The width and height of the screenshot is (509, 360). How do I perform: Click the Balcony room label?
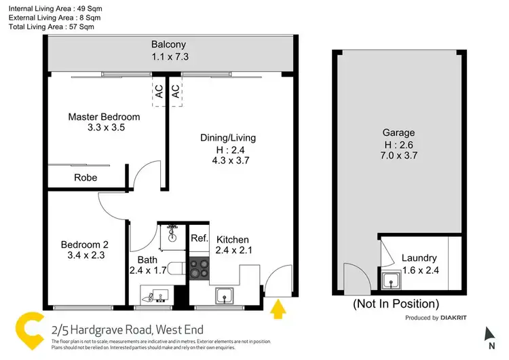(x=168, y=45)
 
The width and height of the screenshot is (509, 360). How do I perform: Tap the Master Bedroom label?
(x=104, y=117)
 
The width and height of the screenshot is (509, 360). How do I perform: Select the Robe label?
(x=86, y=178)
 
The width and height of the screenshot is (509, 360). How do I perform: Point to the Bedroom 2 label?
(x=84, y=245)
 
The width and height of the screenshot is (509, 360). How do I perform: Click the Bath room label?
(x=147, y=259)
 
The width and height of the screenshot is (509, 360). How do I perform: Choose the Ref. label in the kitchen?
(x=199, y=238)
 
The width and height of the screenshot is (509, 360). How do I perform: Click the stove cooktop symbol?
(x=199, y=269)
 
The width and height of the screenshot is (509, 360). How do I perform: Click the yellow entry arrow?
(x=277, y=310)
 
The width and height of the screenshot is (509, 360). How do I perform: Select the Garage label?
(x=398, y=133)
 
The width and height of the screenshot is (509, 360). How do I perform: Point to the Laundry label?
(x=419, y=258)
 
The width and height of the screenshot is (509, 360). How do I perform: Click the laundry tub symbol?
(x=391, y=281)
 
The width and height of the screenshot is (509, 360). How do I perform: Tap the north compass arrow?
(x=490, y=334)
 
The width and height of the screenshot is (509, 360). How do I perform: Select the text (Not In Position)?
(x=396, y=304)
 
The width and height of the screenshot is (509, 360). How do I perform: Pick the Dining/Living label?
(x=228, y=138)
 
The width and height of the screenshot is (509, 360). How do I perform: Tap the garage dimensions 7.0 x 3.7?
(x=398, y=155)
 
